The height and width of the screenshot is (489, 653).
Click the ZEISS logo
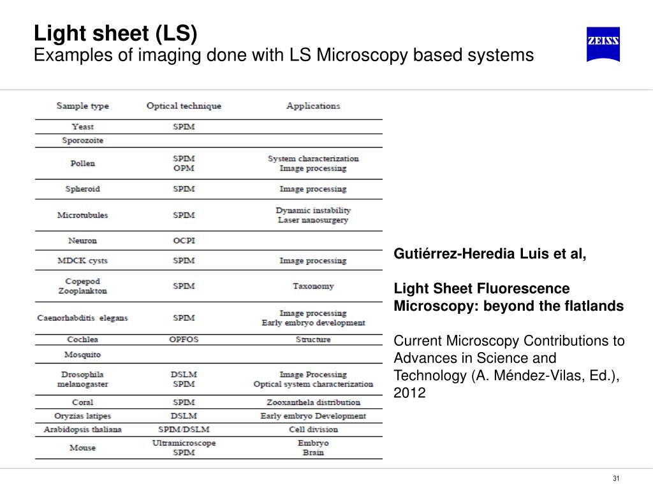coord(603,44)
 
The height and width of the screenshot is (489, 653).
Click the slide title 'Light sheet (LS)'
coord(115,33)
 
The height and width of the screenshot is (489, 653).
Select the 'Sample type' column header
coord(82,106)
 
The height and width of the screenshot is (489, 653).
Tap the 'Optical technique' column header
coord(184,106)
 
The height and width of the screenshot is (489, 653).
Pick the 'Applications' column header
coord(313,106)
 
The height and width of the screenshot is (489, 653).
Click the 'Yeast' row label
coord(82,127)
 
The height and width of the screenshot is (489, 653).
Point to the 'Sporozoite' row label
coord(82,140)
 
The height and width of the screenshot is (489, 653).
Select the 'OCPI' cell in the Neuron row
coord(184,241)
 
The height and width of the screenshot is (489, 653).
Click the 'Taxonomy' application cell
coord(313,286)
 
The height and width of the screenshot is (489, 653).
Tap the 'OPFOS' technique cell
coord(184,339)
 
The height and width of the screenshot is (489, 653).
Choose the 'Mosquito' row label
coord(82,354)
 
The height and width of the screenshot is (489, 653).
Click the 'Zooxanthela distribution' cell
coord(313,402)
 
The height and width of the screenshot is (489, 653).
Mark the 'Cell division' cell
coord(313,430)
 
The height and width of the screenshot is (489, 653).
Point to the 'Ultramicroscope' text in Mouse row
coord(184,443)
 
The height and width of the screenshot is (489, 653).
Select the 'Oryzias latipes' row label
coord(82,416)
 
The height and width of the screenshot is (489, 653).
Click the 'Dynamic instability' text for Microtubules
coord(313,210)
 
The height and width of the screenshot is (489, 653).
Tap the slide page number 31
coord(616,479)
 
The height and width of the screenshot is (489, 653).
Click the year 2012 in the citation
coord(409,393)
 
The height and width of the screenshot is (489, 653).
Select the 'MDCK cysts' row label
coord(82,260)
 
